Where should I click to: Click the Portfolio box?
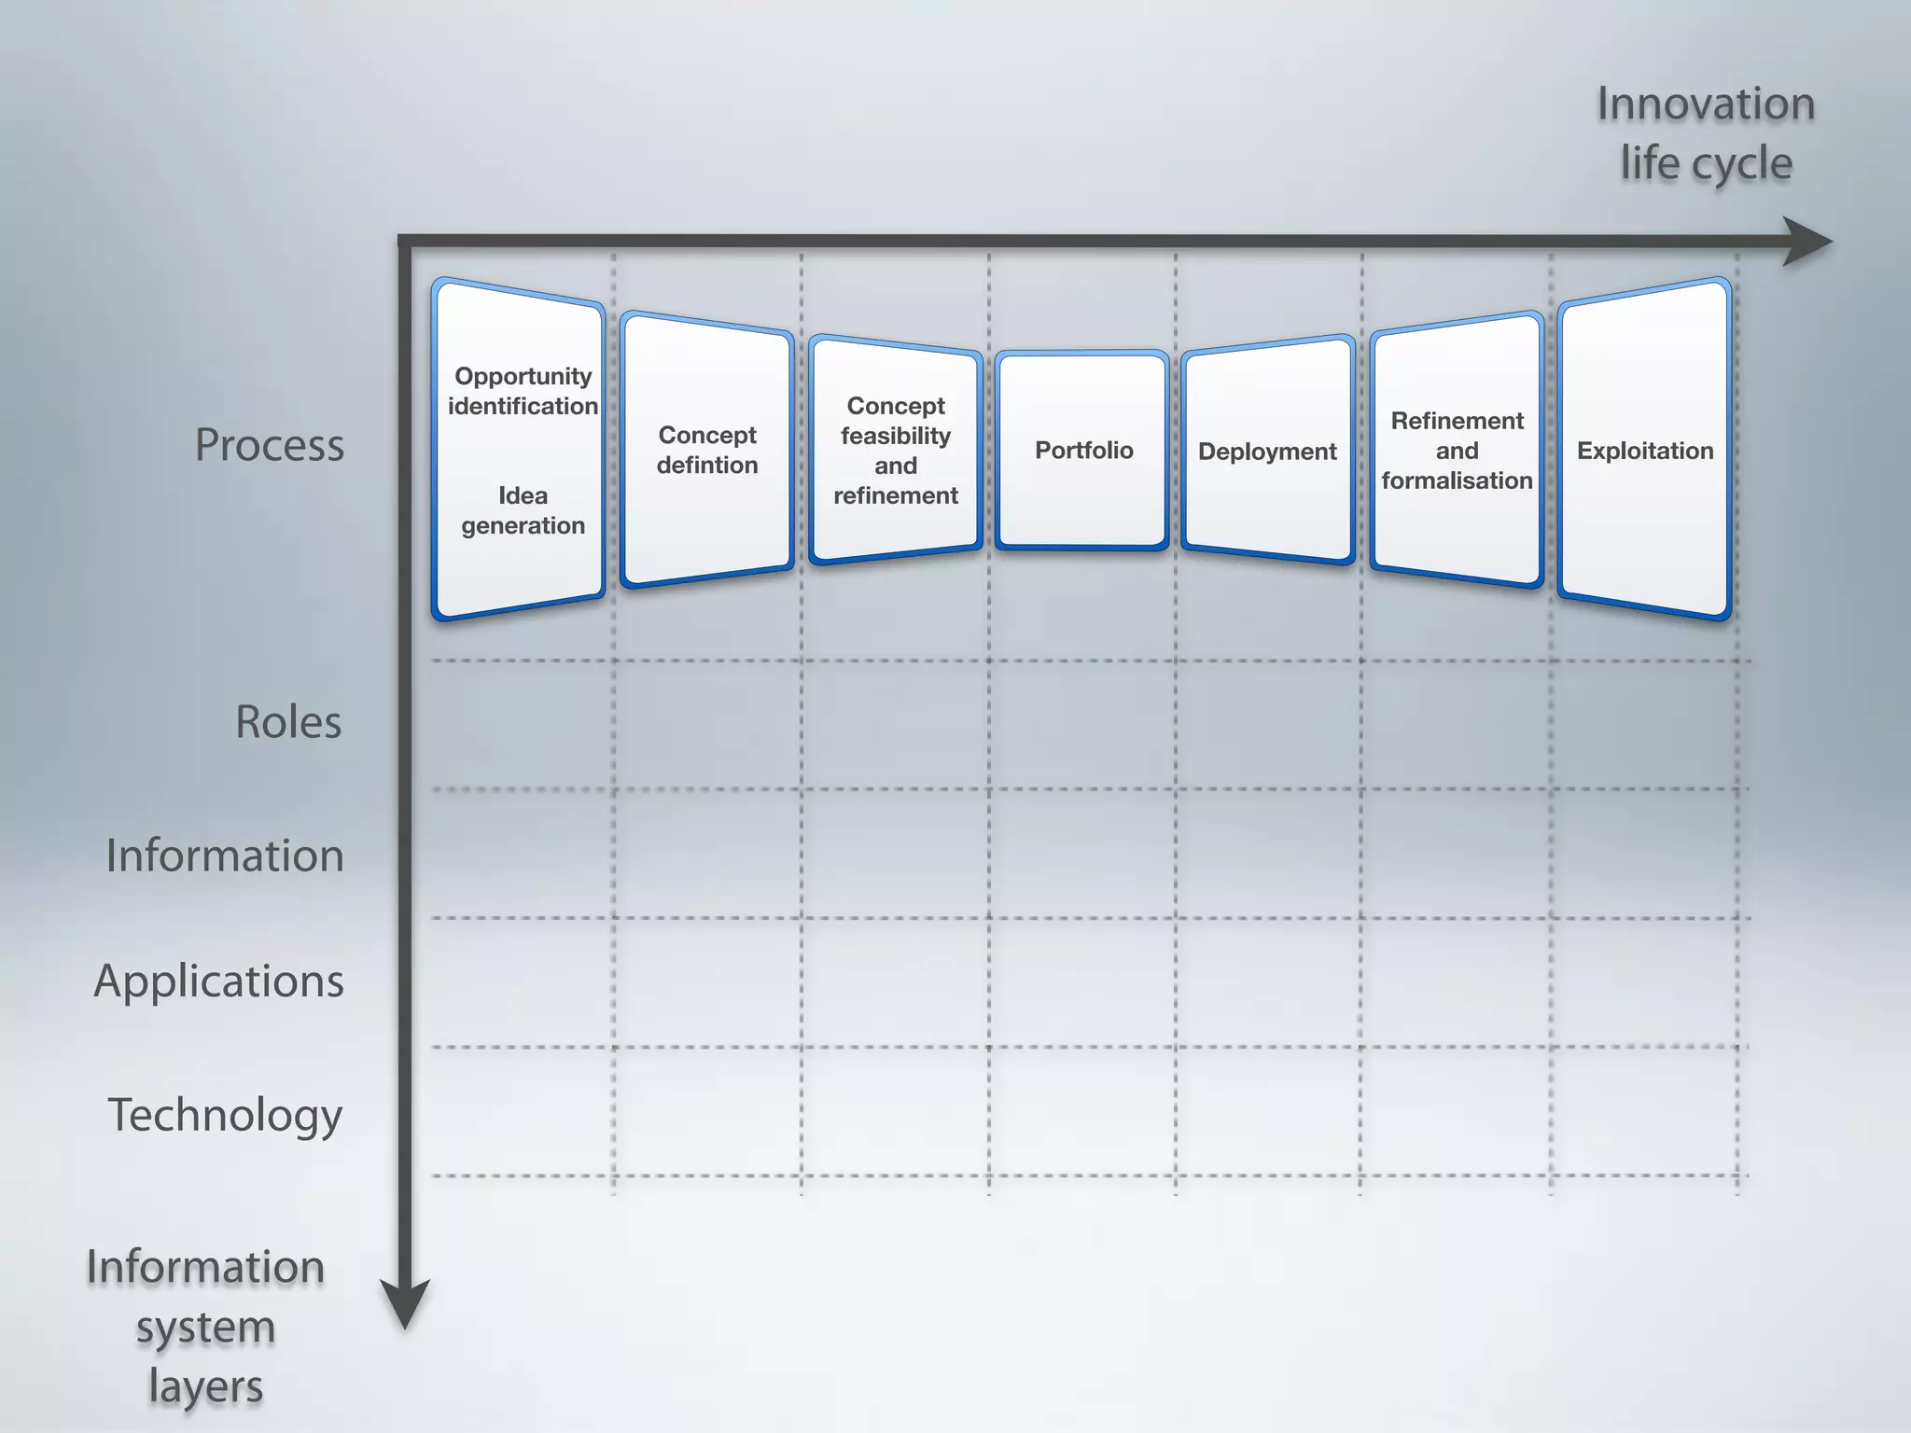(1082, 451)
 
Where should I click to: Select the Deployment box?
(1267, 452)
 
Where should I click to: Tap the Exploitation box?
(1644, 451)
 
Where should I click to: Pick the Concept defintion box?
(707, 450)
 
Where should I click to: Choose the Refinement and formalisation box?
(1457, 451)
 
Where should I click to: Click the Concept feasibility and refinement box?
(896, 451)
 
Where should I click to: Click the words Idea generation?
(523, 510)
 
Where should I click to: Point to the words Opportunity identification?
(523, 391)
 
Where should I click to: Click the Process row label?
(269, 445)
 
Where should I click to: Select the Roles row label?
(288, 722)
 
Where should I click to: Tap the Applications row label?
(219, 981)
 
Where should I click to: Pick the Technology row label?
(225, 1115)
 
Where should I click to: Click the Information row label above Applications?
(225, 856)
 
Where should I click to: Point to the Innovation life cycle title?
(1706, 133)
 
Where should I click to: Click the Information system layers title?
(205, 1327)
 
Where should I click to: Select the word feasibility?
(896, 436)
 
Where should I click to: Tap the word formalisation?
(1457, 480)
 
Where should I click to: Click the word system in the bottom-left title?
(205, 1328)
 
